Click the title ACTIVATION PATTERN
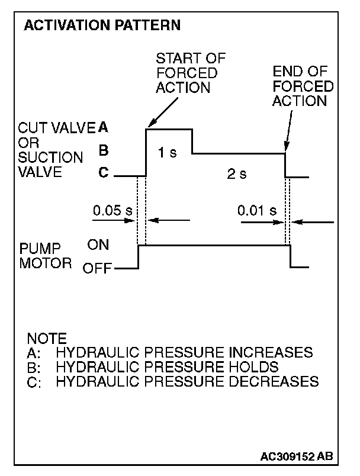pos(101,26)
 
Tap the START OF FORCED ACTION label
pos(186,73)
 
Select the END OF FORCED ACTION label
pos(303,86)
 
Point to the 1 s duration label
pos(167,153)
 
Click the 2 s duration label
pos(237,174)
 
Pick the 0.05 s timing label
pos(112,210)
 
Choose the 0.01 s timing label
pos(257,210)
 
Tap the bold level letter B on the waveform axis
pos(103,151)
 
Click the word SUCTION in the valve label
pos(51,158)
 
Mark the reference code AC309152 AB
pos(296,456)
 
